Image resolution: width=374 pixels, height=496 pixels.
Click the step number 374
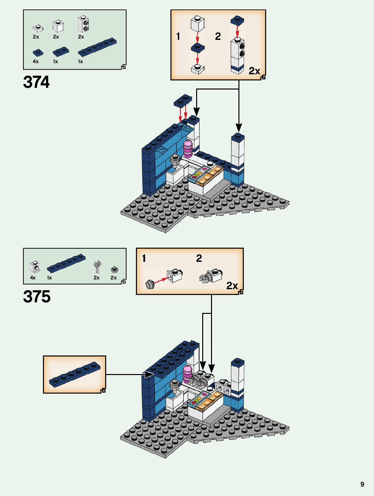pyautogui.click(x=36, y=82)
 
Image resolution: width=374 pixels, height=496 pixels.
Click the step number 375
pyautogui.click(x=37, y=297)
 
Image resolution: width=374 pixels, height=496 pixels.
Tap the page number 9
pyautogui.click(x=362, y=484)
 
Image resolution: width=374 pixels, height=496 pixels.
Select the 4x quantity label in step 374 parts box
pyautogui.click(x=36, y=61)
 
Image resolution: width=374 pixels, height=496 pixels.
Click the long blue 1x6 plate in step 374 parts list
pyautogui.click(x=97, y=47)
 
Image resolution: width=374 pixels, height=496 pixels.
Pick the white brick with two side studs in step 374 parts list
pyautogui.click(x=83, y=24)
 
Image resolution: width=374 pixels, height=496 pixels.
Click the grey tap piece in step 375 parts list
pyautogui.click(x=97, y=267)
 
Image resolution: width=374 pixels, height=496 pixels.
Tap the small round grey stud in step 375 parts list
pyautogui.click(x=114, y=269)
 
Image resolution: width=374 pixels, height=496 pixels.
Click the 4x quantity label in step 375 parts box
pyautogui.click(x=33, y=278)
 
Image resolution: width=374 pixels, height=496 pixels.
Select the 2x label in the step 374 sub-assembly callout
pyautogui.click(x=254, y=71)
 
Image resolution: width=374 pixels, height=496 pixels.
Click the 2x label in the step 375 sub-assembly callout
pyautogui.click(x=232, y=286)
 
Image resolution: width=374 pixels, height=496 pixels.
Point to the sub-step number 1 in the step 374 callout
pyautogui.click(x=178, y=36)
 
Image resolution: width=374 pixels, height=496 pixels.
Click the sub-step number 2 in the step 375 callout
pyautogui.click(x=199, y=258)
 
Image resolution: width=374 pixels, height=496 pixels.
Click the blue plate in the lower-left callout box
pyautogui.click(x=75, y=374)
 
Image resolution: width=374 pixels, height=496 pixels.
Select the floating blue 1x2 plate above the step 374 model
pyautogui.click(x=183, y=100)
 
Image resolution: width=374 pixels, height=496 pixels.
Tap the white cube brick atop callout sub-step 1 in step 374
pyautogui.click(x=197, y=23)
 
